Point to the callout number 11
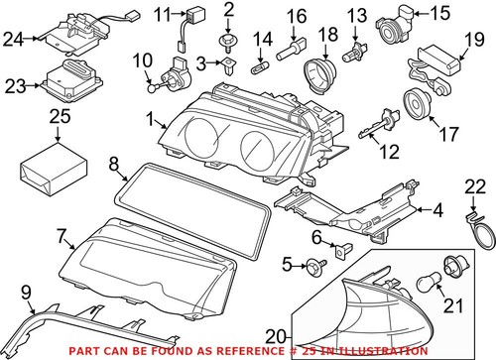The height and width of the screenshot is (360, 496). tap(160, 14)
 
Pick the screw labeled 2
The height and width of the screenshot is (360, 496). tap(229, 39)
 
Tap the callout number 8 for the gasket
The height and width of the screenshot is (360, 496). tap(113, 163)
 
